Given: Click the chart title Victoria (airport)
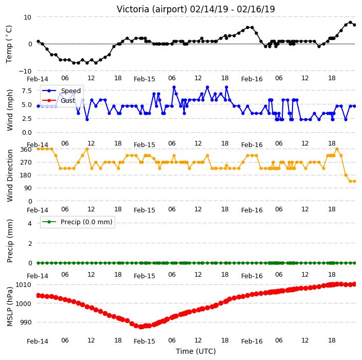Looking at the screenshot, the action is [152, 9].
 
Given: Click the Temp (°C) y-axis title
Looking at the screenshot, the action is [9, 44].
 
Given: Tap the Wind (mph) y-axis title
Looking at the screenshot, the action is [10, 111].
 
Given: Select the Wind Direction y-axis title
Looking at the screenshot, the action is [10, 176].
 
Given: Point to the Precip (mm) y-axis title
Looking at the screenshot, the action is [10, 241].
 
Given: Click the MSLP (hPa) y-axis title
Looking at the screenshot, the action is [10, 307].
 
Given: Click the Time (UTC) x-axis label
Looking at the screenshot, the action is [196, 351].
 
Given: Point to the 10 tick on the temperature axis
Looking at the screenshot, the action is [27, 17].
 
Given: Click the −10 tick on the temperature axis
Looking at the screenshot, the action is [25, 71].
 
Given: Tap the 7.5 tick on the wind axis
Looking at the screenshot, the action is [27, 91].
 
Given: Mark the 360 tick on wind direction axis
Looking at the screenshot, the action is [26, 150].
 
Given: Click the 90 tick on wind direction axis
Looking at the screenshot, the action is [28, 188].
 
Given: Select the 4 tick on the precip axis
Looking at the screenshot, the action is [30, 223].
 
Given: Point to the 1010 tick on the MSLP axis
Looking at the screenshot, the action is [23, 284].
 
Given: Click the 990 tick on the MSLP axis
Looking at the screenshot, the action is [25, 322].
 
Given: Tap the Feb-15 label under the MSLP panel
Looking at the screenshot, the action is [144, 341].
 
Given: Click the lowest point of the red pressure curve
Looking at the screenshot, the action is [141, 327].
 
